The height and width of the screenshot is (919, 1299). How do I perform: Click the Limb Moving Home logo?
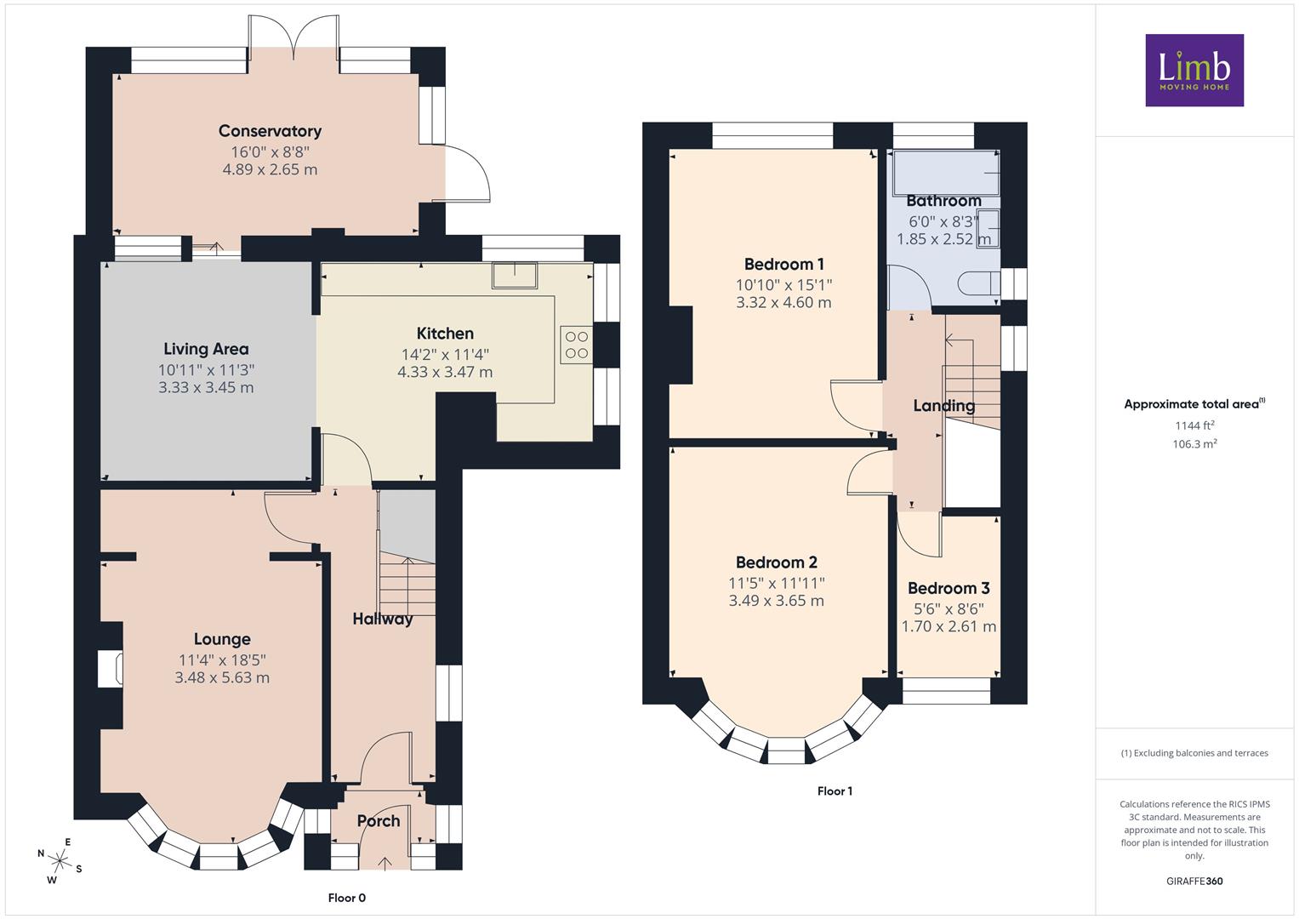(x=1194, y=70)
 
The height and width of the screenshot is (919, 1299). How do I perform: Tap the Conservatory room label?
(x=270, y=131)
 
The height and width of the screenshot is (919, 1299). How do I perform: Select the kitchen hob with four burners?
(x=577, y=345)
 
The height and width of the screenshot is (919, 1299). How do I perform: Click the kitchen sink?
(x=515, y=275)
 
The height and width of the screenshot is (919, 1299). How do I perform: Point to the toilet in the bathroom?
(x=979, y=284)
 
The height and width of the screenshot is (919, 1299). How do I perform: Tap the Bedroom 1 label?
(x=783, y=265)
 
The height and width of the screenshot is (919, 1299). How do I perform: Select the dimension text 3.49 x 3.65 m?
(x=776, y=601)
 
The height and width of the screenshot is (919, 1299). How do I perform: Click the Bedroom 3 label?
(x=949, y=588)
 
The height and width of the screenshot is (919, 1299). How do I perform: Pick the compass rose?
(x=60, y=861)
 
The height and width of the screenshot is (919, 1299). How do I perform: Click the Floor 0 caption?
(x=347, y=898)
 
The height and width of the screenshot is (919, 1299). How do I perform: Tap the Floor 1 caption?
(x=835, y=791)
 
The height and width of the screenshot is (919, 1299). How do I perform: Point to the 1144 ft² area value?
(x=1194, y=425)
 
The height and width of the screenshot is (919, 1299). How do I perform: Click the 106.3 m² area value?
(x=1194, y=444)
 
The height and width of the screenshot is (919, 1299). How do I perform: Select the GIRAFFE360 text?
(x=1194, y=881)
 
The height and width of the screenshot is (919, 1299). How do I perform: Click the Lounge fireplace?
(x=111, y=669)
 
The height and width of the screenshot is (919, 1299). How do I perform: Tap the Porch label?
(x=378, y=821)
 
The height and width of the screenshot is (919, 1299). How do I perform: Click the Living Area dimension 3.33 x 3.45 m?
(x=206, y=387)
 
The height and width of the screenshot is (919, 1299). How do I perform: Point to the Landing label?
(x=944, y=406)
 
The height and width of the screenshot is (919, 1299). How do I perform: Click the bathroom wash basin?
(x=988, y=229)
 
